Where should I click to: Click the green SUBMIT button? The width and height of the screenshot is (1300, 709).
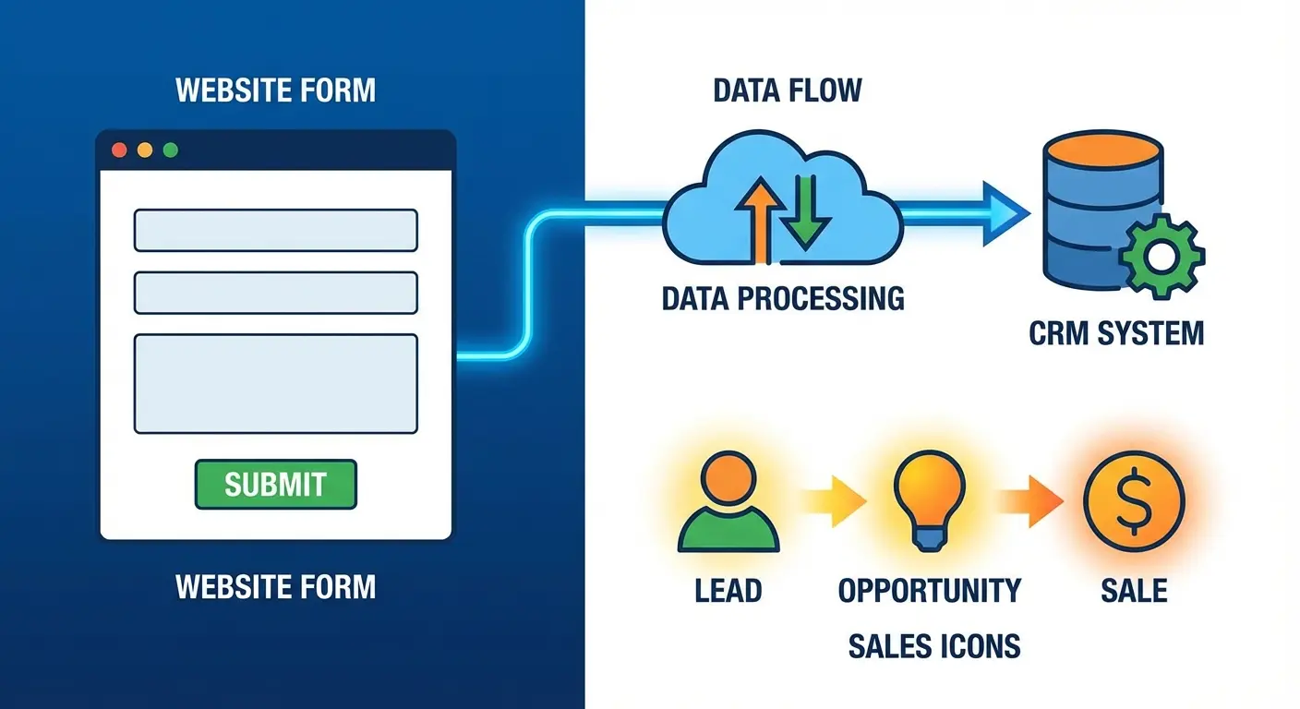point(275,484)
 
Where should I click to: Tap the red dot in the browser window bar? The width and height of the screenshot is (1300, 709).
point(118,150)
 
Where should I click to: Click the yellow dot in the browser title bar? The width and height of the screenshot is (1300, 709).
point(144,150)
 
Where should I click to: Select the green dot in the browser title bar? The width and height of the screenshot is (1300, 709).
point(170,150)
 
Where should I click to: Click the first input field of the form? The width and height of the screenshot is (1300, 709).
point(275,230)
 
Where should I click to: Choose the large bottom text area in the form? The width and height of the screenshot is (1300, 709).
point(275,383)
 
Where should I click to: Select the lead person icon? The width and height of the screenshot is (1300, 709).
point(728,503)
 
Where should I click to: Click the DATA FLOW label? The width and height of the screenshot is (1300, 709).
point(787,90)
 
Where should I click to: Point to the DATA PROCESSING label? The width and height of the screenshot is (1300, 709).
point(783,298)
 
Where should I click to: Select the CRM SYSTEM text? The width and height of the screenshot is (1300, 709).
point(1115,331)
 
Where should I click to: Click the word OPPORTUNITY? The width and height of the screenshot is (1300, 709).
point(929,589)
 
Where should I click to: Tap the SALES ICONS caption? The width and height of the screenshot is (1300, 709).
point(934,645)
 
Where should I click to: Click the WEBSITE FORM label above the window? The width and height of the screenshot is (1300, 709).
point(275,90)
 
